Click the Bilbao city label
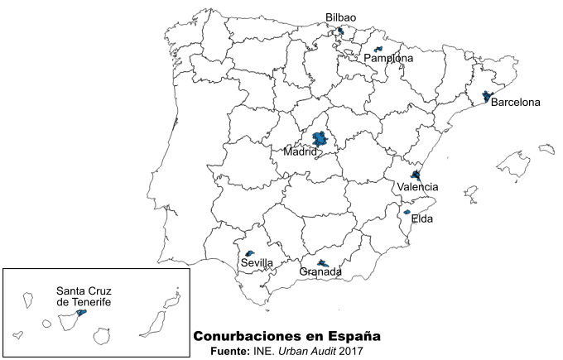coord(341,17)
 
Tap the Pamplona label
coord(388,59)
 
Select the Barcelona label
coord(515,103)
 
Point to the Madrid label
coord(301,152)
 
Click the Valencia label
coord(417,188)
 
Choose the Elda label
coord(422,219)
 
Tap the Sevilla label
coord(257,263)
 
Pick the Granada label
coord(320,272)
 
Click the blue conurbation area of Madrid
coord(318,141)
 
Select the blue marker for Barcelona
coord(487,97)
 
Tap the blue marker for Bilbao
coord(340,31)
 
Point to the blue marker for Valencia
coord(416,175)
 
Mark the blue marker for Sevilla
coord(249,253)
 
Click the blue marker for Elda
coord(407,212)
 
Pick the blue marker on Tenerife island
coord(81,313)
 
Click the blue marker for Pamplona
coord(378,50)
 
